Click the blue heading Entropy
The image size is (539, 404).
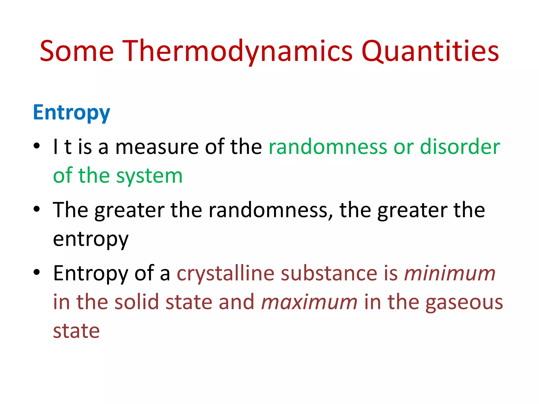pos(71,113)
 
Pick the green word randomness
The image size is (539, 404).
pos(328,147)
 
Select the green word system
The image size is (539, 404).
pos(149,176)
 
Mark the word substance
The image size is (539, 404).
pos(329,273)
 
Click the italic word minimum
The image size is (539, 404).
pos(450,273)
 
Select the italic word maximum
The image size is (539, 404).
pos(309,302)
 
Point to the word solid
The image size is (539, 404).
pos(137,302)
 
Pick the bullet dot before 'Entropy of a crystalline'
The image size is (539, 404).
pos(37,272)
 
